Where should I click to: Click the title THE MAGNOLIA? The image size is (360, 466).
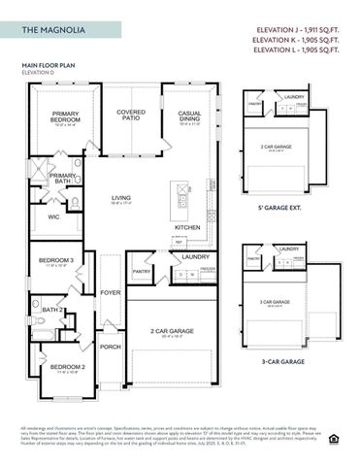point(54,31)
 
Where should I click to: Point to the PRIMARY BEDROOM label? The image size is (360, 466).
point(66,116)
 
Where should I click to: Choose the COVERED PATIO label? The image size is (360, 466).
point(131,115)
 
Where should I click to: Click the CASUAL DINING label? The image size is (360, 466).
point(189,116)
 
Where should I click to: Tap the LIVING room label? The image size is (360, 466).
point(121,199)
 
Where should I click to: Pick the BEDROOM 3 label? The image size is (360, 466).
point(55,261)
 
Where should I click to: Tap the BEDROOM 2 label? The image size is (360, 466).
point(55,368)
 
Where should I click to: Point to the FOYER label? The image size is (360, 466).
point(111,292)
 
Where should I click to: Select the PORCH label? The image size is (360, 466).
point(111,346)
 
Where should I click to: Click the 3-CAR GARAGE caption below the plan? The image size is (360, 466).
point(288,361)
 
